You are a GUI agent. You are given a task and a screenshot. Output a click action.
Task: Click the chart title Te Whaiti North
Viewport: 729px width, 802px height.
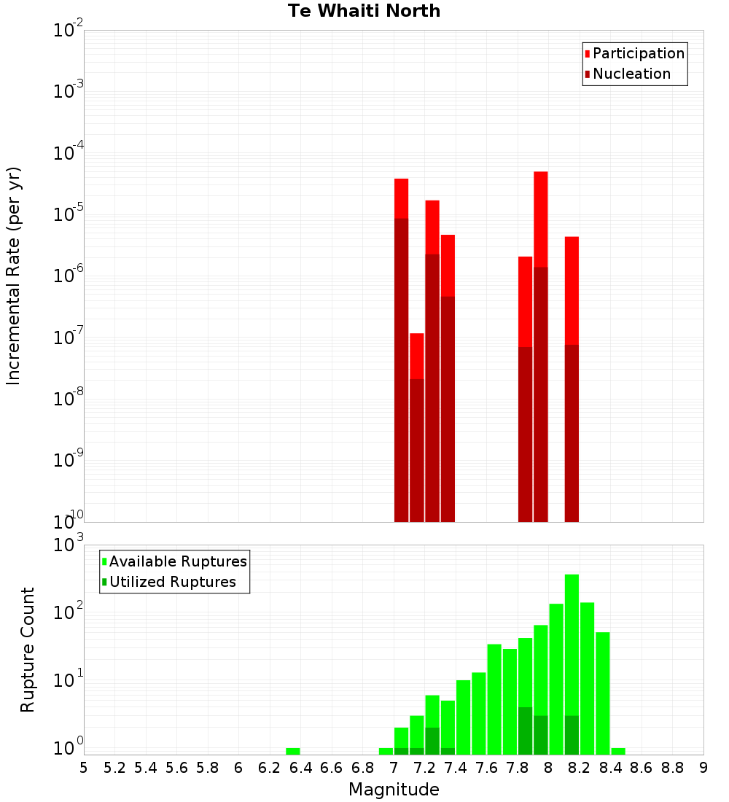[x=364, y=11]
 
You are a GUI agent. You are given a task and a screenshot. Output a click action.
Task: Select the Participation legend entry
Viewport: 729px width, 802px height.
[x=638, y=53]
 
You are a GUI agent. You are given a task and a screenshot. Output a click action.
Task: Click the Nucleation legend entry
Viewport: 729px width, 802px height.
[x=631, y=74]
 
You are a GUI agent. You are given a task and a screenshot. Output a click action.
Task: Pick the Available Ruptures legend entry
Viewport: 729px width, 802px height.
[x=177, y=561]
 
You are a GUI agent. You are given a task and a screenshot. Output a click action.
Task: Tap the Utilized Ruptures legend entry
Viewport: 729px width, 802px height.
[x=172, y=582]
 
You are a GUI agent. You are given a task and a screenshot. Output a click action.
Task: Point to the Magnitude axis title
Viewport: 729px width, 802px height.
[x=394, y=790]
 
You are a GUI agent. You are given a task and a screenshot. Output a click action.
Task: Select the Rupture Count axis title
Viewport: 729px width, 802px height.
[x=28, y=650]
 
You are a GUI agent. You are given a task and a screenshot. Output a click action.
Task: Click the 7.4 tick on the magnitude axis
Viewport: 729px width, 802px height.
[x=456, y=768]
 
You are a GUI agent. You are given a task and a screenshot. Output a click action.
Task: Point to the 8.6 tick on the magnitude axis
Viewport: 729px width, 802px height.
[x=642, y=768]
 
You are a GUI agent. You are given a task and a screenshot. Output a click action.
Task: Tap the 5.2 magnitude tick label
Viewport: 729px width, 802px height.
[x=114, y=768]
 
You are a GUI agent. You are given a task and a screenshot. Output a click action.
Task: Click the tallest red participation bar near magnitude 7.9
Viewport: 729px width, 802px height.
[x=540, y=219]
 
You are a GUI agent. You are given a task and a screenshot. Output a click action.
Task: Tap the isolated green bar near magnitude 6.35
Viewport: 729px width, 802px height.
[x=292, y=751]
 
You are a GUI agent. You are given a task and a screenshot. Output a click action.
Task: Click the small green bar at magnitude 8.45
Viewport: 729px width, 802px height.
[x=618, y=751]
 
